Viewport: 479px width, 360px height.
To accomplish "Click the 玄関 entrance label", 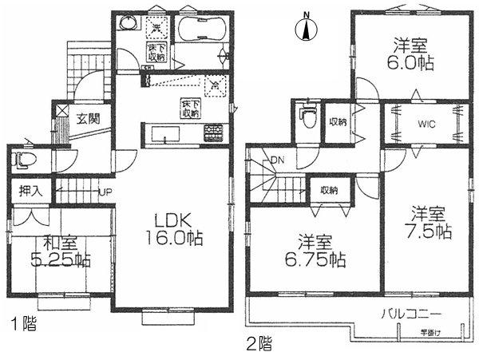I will click(x=88, y=119).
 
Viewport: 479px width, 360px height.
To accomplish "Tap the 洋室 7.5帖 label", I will click(x=432, y=223).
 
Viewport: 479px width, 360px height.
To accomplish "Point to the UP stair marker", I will click(x=105, y=191).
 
